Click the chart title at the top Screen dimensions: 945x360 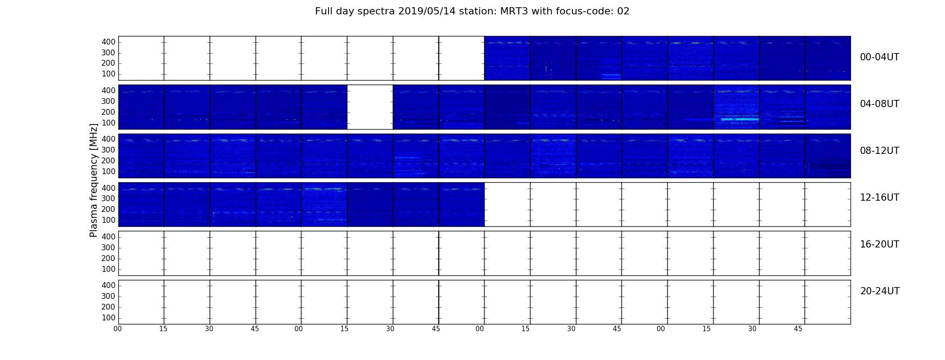coord(472,11)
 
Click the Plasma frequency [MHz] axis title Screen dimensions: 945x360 coord(94,180)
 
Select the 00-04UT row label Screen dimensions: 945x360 coord(879,57)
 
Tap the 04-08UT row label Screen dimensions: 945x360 coord(879,104)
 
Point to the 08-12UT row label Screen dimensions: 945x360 coord(879,151)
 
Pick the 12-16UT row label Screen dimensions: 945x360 coord(879,198)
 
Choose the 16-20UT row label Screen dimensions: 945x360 coord(879,244)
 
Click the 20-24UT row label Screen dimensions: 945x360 coord(880,291)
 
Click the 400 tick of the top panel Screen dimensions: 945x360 coord(108,42)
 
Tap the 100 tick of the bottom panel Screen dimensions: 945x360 coord(108,318)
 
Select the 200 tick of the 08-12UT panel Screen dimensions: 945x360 coord(108,161)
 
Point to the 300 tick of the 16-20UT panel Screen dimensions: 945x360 coord(108,247)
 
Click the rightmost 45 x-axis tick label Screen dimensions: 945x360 coord(798,329)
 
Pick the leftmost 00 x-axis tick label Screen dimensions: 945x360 coord(117,329)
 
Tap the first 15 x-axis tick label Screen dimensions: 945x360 coord(163,329)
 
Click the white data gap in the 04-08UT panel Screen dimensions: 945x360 coord(370,107)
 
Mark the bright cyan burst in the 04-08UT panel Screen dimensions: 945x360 coord(740,119)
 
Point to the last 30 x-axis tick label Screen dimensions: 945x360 coord(752,329)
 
